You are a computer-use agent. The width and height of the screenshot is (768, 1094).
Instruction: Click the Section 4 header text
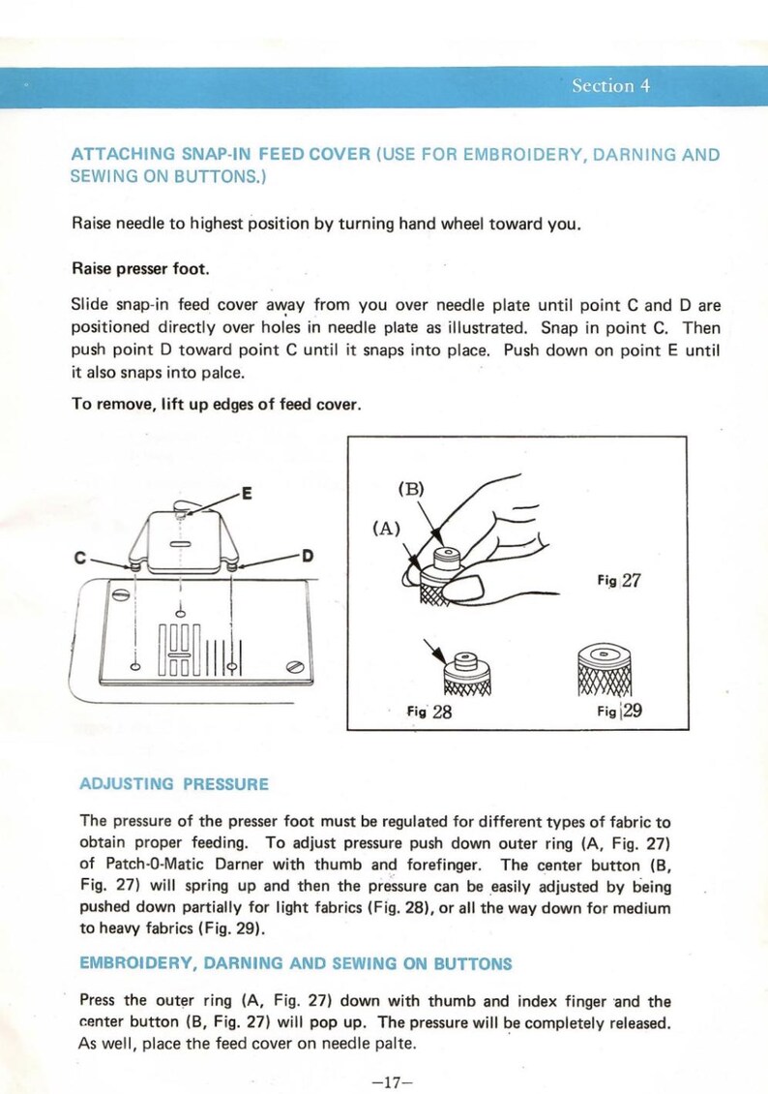(610, 86)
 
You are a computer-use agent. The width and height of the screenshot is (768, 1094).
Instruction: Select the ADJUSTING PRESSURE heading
(174, 783)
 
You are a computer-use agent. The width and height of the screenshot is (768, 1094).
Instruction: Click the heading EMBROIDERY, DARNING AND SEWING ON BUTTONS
(295, 963)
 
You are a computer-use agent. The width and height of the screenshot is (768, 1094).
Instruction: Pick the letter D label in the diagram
(308, 556)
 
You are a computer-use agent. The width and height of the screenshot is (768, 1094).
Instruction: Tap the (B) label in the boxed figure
(412, 488)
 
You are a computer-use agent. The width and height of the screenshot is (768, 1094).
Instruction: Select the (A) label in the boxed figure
(387, 530)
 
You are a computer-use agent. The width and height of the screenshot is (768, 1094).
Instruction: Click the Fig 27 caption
(618, 581)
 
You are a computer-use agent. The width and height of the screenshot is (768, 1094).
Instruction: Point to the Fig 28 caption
(429, 712)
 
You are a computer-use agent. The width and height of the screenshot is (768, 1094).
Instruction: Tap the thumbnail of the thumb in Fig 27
(473, 589)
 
